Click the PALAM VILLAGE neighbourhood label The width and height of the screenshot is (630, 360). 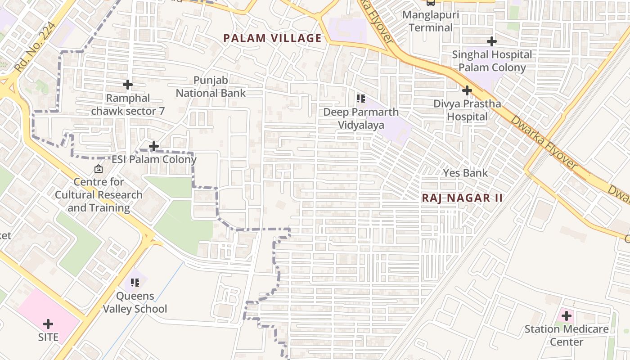click(273, 38)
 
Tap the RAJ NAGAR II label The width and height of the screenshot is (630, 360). click(462, 198)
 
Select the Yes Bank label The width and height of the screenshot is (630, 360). click(465, 173)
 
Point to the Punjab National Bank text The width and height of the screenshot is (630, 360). click(211, 87)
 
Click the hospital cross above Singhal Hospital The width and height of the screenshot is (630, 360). click(492, 41)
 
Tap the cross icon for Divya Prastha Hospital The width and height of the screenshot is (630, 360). click(467, 90)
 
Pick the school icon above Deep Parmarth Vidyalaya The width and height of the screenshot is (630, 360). click(360, 98)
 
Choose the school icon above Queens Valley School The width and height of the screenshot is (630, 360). click(135, 283)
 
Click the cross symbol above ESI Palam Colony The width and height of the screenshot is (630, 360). click(154, 146)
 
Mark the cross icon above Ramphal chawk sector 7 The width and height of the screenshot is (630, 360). click(128, 85)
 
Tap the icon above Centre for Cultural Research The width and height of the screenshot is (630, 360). click(98, 169)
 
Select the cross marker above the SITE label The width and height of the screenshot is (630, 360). click(48, 324)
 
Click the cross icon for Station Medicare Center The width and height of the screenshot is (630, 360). click(567, 316)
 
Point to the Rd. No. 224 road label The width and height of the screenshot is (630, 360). click(35, 47)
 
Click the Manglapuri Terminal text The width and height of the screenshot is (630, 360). click(430, 21)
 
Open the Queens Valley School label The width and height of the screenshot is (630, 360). click(135, 302)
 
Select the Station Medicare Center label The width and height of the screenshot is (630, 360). click(567, 335)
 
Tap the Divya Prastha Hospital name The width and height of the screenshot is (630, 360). click(467, 110)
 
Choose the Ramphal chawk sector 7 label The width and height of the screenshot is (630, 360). click(128, 104)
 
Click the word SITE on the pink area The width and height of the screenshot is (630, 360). click(48, 337)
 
